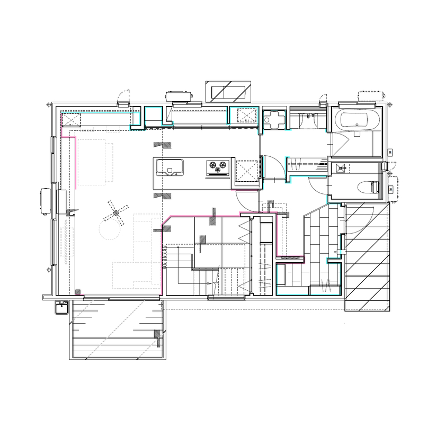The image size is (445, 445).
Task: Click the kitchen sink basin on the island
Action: pyautogui.click(x=169, y=167)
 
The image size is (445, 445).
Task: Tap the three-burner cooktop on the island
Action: pyautogui.click(x=217, y=167)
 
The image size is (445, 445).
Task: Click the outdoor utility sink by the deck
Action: pyautogui.click(x=61, y=306)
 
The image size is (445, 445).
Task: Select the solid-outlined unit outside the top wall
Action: pyautogui.click(x=179, y=96)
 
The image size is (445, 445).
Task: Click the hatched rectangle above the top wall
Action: pyautogui.click(x=228, y=91)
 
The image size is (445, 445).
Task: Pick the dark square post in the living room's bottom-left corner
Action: pyautogui.click(x=78, y=291)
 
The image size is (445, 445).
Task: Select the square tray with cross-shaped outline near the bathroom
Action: pyautogui.click(x=274, y=119)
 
